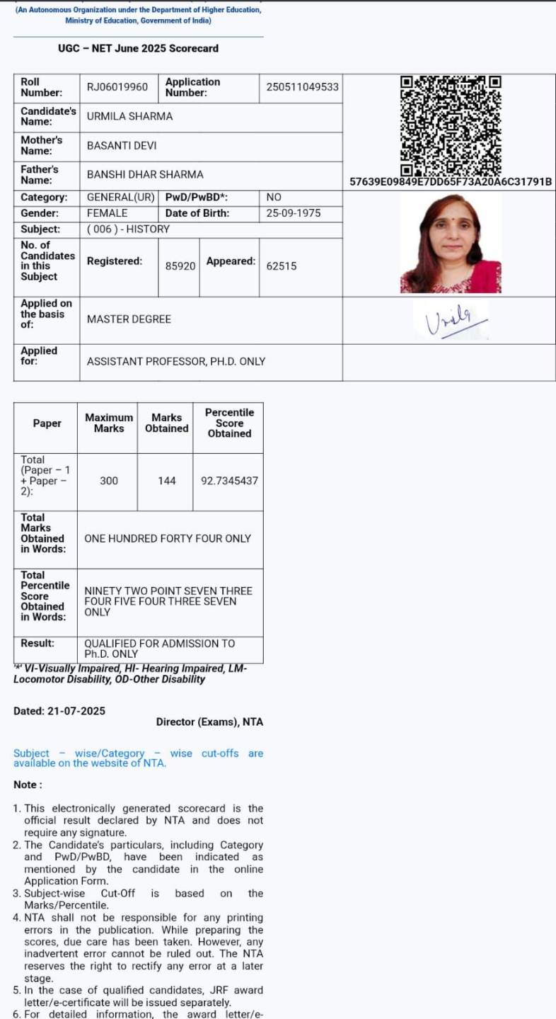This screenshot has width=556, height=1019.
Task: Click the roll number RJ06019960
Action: click(117, 87)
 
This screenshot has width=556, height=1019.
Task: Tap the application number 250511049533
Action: click(302, 87)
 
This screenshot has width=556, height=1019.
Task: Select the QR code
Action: click(451, 125)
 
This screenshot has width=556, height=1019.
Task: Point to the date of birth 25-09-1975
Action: click(293, 213)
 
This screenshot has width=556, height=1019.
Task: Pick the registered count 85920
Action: click(180, 266)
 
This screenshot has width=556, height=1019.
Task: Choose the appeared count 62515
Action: click(282, 266)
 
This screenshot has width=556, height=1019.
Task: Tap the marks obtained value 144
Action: click(167, 481)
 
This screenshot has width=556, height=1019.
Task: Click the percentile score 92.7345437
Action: click(229, 481)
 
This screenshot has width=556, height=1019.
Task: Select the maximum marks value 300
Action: click(109, 481)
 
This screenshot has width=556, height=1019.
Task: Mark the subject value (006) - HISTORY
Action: click(128, 229)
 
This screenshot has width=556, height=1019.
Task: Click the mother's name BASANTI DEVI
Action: click(122, 146)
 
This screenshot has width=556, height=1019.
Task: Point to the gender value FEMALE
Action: click(108, 213)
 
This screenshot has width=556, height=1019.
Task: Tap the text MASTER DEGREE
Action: click(129, 319)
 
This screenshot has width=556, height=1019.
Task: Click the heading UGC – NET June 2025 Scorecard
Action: click(139, 49)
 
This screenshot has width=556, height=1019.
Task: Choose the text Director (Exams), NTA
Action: click(209, 722)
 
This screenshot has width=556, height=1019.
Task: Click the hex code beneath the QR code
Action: click(451, 182)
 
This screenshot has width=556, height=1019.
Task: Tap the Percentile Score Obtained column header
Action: click(229, 423)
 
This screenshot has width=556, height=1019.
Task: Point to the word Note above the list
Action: click(28, 785)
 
